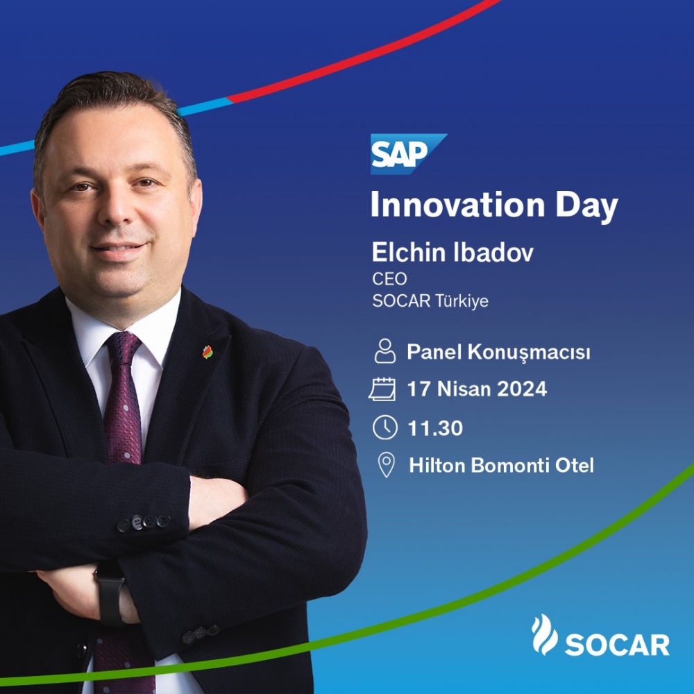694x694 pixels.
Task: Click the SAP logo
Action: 408,153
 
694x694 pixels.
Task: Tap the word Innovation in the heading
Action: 457,205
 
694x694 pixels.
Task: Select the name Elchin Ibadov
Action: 452,253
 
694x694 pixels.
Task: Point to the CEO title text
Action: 389,279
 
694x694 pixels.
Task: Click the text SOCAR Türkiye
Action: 430,301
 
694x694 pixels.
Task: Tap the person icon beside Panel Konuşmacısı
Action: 385,351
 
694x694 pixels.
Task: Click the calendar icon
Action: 382,389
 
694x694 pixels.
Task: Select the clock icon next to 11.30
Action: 385,427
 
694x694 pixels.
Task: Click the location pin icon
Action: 387,465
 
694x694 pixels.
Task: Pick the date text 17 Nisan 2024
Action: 477,389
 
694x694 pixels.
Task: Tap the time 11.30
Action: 435,428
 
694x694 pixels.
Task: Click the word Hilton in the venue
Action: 437,465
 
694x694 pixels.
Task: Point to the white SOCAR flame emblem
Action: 544,634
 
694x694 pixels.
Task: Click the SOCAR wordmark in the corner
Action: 617,645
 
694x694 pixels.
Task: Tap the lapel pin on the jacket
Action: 208,352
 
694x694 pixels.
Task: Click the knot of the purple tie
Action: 123,347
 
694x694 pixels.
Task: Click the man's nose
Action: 115,208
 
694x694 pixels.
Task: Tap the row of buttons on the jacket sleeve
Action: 144,523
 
